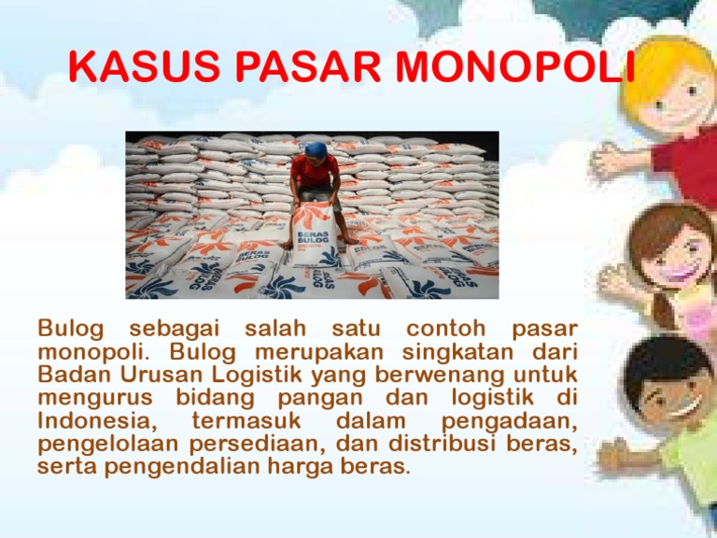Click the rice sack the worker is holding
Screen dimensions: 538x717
[316, 230]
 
